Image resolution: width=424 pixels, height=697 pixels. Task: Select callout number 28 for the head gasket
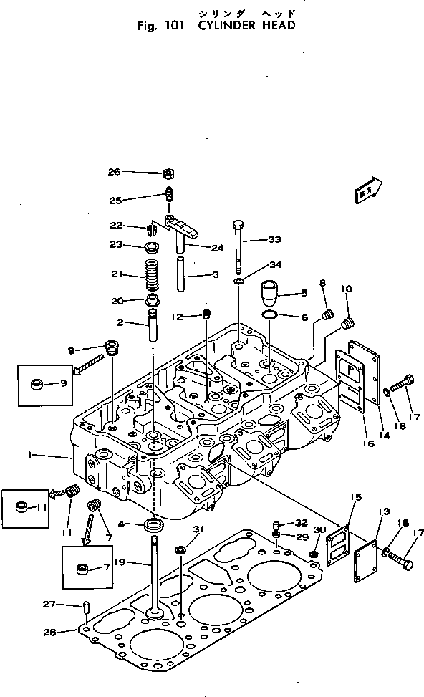69,631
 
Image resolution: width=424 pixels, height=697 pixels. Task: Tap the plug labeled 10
349,325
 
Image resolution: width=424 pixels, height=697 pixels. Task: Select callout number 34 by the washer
275,265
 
